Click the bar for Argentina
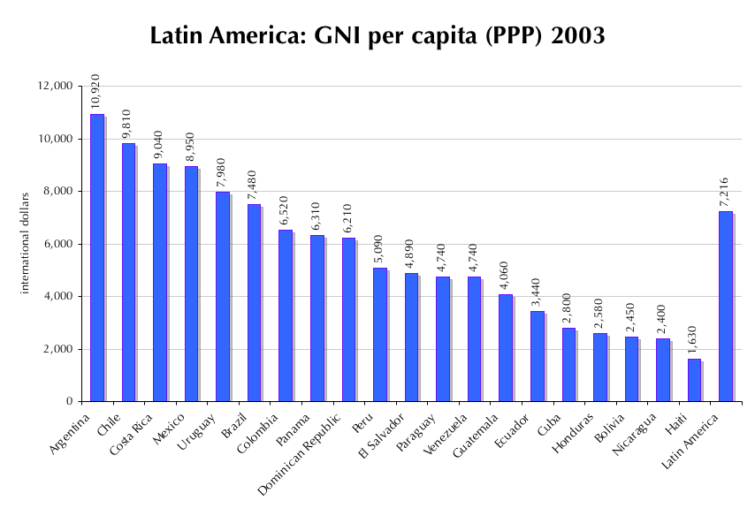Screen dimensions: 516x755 point(97,257)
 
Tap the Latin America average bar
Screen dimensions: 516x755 point(726,306)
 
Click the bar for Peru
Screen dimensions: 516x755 point(380,334)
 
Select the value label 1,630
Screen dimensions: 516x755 point(693,338)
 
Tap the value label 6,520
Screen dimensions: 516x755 point(285,209)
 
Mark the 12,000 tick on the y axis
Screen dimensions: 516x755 point(57,86)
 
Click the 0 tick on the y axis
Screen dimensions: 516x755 point(71,402)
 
